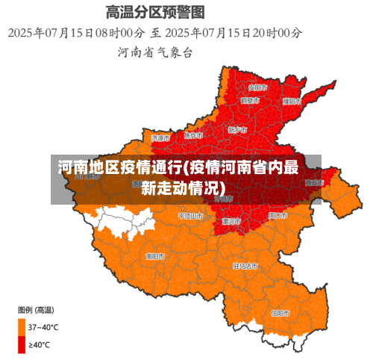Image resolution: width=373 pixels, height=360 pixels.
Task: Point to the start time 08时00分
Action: [119, 33]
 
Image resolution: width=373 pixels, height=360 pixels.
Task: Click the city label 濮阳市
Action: [292, 101]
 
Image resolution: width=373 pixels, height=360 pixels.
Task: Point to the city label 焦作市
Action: [193, 136]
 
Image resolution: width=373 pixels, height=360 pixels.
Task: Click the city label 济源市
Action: [160, 138]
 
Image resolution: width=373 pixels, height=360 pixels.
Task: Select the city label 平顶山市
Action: [191, 215]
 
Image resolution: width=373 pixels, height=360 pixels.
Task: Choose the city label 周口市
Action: [278, 215]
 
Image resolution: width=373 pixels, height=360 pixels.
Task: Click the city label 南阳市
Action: [155, 255]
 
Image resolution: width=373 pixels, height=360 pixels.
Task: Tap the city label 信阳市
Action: [280, 312]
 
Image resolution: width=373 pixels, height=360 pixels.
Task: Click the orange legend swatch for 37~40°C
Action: [21, 327]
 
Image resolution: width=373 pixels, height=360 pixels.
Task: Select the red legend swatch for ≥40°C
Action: [21, 344]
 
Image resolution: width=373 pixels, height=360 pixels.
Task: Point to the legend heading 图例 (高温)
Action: [35, 309]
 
